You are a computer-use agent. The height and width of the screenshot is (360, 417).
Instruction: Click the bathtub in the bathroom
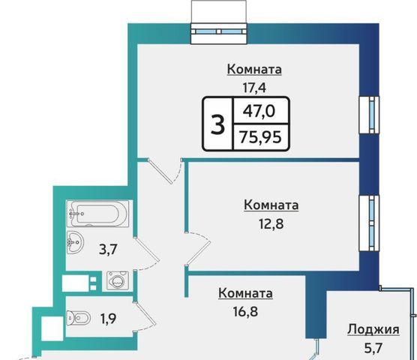97,214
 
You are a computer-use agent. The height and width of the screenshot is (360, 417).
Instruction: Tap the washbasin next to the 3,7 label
75,242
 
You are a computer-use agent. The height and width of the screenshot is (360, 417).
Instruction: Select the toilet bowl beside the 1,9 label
79,317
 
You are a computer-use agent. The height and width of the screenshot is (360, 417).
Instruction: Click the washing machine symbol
118,280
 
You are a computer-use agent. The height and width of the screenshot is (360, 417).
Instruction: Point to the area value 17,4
254,88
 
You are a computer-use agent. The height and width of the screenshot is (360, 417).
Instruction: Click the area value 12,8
271,223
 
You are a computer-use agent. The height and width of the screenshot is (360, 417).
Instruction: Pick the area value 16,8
245,311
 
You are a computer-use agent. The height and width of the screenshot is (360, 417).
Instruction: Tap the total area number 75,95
260,137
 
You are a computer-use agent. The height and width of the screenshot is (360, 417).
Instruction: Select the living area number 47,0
259,111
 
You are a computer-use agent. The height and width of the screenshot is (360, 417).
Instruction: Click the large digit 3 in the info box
217,124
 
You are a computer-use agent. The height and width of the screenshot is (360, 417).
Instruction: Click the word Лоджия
373,329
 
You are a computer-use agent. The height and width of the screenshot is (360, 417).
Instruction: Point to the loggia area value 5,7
373,348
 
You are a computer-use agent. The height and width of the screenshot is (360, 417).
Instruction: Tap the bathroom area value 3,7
108,250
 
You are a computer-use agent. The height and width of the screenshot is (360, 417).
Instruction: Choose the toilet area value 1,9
108,318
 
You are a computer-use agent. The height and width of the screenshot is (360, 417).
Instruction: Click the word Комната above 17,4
254,70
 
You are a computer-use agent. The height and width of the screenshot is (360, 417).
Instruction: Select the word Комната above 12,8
271,205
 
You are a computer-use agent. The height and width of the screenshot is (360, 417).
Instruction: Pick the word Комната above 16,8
245,293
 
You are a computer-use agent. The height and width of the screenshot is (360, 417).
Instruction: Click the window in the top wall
219,31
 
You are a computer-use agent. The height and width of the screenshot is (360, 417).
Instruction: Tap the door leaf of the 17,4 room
160,172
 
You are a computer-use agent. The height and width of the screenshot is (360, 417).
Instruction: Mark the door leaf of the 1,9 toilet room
145,313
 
